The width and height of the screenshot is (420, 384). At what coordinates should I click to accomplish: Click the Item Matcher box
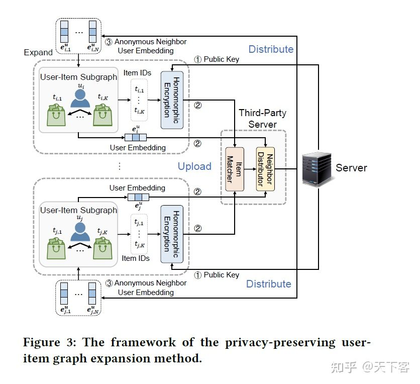(x=235, y=169)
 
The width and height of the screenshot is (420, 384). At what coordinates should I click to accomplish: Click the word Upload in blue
(x=194, y=166)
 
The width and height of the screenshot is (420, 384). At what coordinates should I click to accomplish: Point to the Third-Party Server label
(x=257, y=118)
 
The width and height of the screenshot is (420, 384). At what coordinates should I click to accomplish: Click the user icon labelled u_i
(x=80, y=99)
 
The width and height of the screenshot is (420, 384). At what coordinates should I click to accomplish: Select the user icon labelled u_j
(x=80, y=230)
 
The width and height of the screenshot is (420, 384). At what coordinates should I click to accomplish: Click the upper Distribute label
(x=271, y=49)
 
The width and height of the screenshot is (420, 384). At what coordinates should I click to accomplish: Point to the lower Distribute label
(x=269, y=284)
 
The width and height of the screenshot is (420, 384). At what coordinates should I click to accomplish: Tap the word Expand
(x=38, y=52)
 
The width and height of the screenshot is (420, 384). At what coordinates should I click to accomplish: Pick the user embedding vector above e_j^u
(x=137, y=197)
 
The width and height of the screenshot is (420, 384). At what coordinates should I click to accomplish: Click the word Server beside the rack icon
(x=351, y=168)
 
